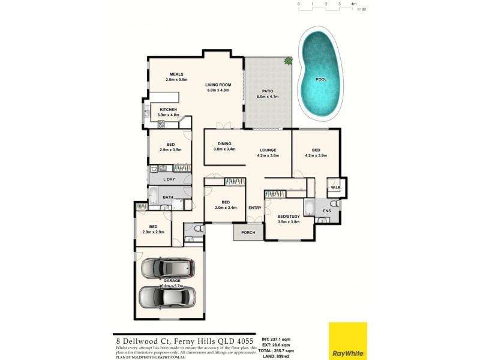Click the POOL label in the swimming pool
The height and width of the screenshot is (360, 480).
321,79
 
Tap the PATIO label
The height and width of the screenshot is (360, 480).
268,91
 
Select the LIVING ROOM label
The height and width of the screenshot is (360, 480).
218,85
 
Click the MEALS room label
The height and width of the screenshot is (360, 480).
176,74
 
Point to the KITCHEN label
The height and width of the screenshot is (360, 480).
168,109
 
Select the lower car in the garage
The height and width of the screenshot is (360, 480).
167,296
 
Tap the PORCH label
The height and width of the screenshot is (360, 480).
248,232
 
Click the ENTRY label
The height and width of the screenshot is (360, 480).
255,208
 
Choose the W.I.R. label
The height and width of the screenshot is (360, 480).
335,188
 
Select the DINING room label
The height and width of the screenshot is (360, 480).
225,143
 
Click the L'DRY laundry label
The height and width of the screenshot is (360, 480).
169,179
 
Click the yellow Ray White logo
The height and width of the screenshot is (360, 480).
347,341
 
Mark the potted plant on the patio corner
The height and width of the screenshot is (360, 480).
288,61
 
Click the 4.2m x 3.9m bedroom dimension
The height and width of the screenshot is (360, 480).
315,155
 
